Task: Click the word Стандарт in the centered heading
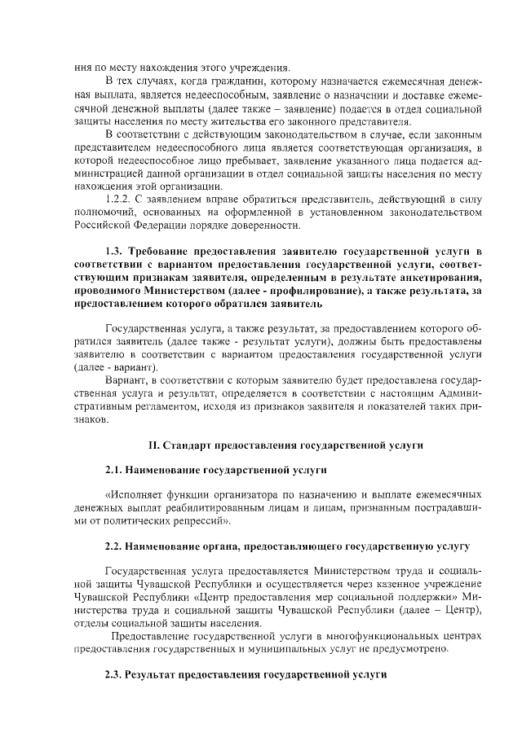[x=187, y=445]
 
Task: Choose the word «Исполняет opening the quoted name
[x=131, y=494]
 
